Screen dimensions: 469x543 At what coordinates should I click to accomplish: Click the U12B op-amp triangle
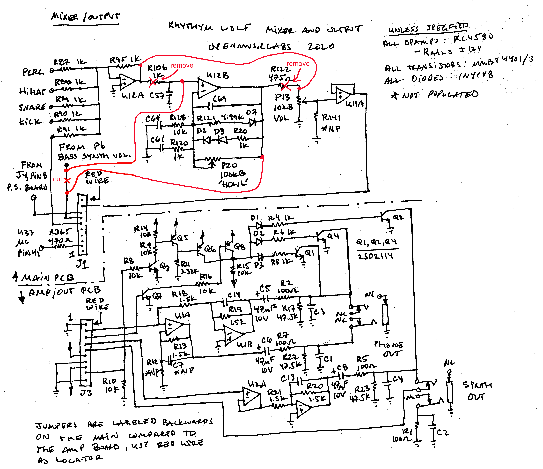(x=207, y=88)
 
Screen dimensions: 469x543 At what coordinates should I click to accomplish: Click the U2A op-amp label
(x=257, y=384)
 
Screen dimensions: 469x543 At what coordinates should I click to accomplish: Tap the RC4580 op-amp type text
(x=473, y=38)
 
